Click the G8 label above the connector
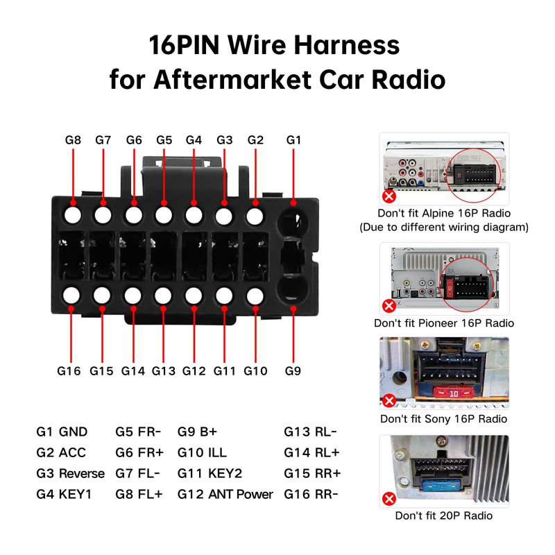click(x=73, y=139)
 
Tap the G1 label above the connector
click(x=294, y=139)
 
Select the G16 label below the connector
click(x=69, y=370)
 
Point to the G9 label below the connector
click(x=293, y=370)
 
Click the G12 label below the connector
click(x=194, y=370)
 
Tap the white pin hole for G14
click(x=133, y=296)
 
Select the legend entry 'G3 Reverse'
click(x=70, y=474)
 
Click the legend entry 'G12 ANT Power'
click(x=225, y=495)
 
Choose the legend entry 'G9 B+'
click(x=198, y=432)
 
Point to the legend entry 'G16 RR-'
click(x=311, y=495)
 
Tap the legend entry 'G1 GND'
click(x=62, y=432)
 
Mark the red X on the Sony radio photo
click(x=389, y=401)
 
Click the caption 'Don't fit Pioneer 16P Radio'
click(x=444, y=323)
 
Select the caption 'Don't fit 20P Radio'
click(x=444, y=515)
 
